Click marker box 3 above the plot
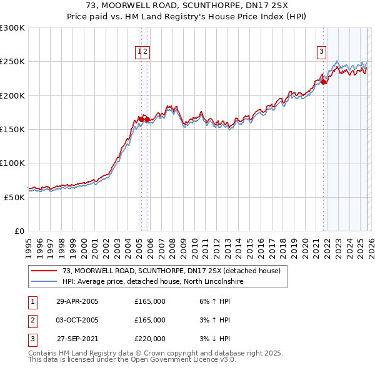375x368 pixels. tap(321, 52)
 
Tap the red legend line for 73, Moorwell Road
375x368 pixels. tap(44, 271)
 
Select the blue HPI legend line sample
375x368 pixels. tap(44, 282)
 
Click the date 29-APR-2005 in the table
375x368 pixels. tap(77, 301)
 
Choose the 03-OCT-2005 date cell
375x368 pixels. tap(77, 320)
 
